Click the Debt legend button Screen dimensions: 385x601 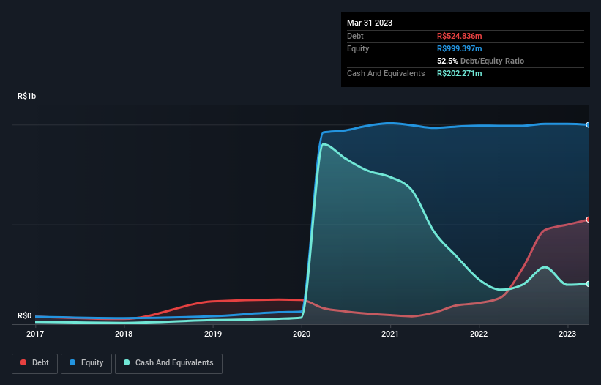pos(34,363)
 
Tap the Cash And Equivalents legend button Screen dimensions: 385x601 pos(168,363)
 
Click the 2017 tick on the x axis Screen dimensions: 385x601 pos(34,334)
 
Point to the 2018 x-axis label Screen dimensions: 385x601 pos(124,334)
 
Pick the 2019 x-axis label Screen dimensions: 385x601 pos(213,334)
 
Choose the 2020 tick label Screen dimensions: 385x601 pos(302,334)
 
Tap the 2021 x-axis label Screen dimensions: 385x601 pos(390,334)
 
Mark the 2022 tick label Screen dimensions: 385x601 pos(479,334)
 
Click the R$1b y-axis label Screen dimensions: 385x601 pos(27,97)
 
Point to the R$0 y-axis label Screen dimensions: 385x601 pos(25,316)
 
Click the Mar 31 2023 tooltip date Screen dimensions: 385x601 pos(370,23)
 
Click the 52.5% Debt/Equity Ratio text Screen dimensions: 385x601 pos(480,61)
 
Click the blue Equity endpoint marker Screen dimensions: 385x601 pos(589,125)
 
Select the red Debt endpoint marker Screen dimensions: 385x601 pos(589,220)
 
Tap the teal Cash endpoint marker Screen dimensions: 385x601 pos(589,284)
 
